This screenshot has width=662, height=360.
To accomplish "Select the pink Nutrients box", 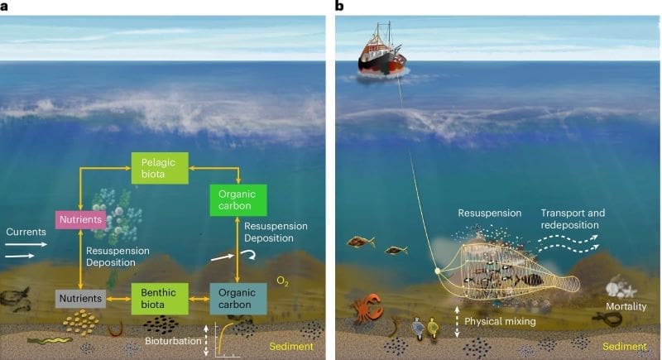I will (79, 220).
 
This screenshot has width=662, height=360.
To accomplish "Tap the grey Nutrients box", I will (79, 295).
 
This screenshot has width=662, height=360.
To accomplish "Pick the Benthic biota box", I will (156, 295).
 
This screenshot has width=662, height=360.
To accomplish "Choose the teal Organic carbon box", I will (238, 295).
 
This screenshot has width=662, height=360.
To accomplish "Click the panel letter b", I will (339, 7).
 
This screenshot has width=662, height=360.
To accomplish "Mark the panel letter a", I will (5, 7).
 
